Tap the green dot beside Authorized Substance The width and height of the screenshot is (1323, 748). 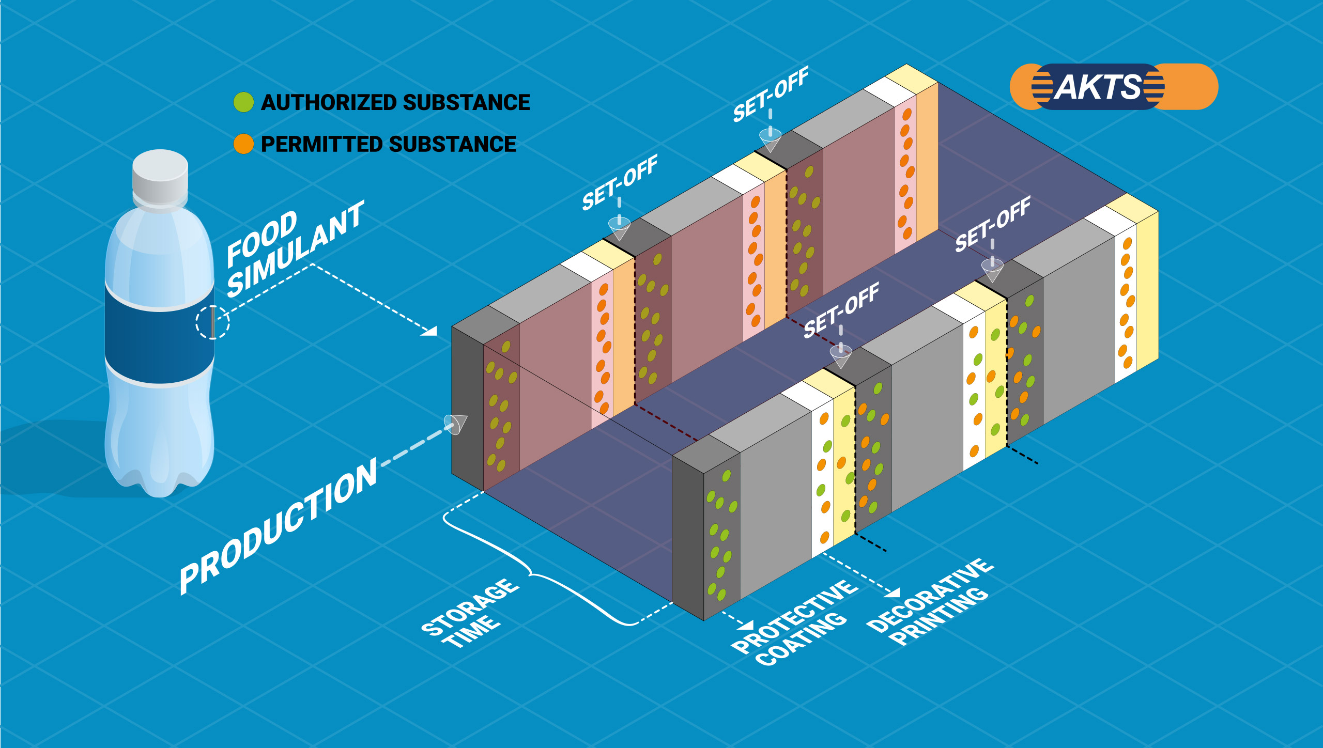[x=243, y=102]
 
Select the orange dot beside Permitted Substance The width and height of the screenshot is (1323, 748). [x=243, y=144]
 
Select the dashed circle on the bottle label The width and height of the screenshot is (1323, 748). [x=212, y=322]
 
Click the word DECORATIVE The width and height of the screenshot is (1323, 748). [x=930, y=594]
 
